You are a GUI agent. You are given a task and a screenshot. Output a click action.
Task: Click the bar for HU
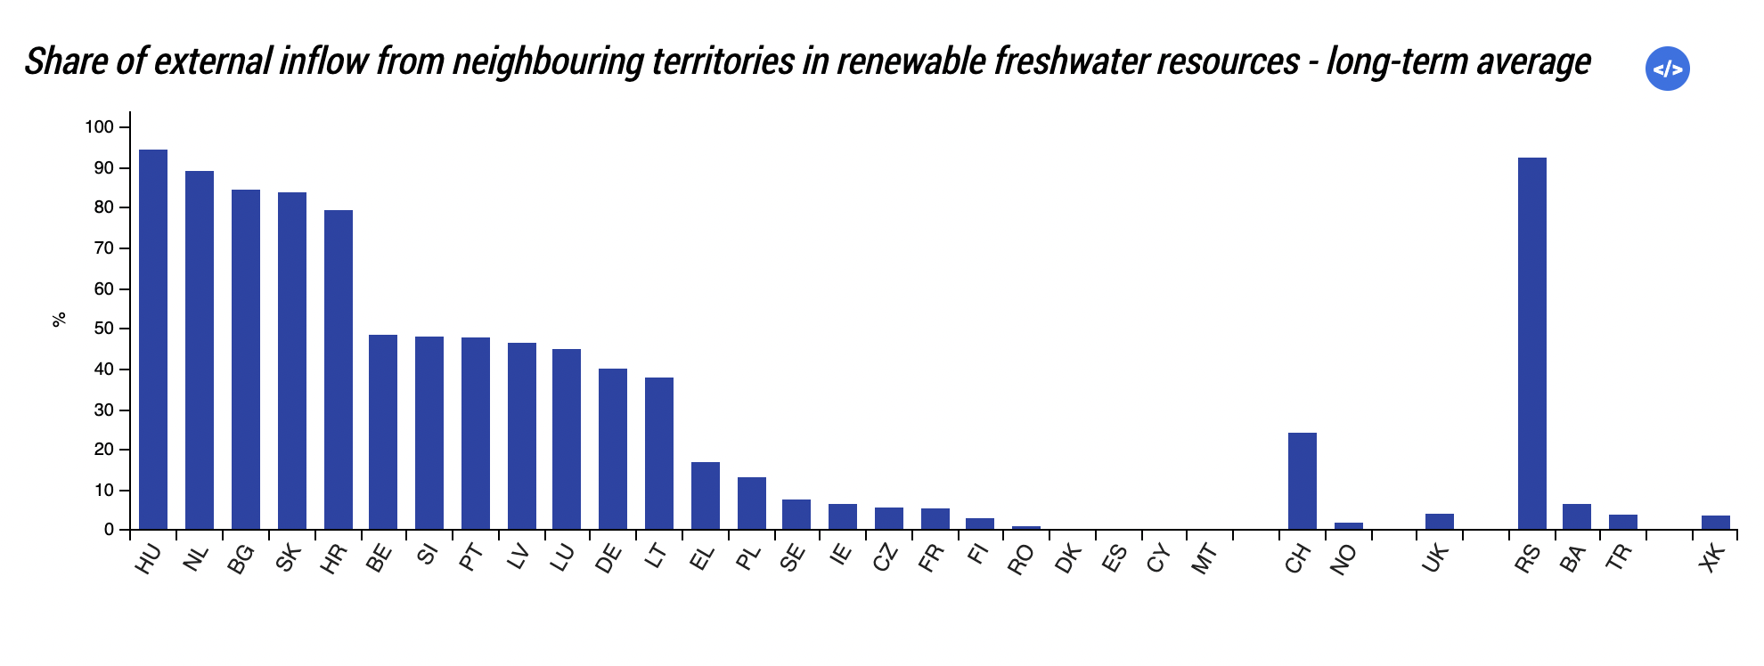(153, 339)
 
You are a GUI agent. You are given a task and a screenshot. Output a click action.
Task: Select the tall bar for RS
(1531, 344)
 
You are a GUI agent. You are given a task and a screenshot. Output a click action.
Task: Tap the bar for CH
(1302, 481)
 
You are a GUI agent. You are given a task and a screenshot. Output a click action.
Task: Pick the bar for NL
(200, 350)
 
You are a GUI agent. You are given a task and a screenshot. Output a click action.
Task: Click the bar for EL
(705, 495)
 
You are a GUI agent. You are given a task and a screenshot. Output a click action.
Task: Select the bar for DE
(613, 449)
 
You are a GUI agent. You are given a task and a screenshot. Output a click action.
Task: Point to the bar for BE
(383, 432)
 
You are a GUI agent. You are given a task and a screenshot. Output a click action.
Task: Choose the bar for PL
(751, 503)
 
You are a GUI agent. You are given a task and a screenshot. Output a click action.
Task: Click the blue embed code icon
(1667, 69)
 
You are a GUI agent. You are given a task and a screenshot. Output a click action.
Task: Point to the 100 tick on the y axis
(100, 127)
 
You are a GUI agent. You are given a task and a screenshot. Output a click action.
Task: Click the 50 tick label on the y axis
(104, 329)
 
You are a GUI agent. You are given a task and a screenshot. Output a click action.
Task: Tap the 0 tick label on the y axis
(109, 530)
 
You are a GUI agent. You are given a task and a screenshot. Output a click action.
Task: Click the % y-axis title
(60, 319)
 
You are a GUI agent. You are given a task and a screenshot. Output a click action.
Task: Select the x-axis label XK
(1712, 559)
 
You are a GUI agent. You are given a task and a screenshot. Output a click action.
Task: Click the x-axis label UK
(1435, 559)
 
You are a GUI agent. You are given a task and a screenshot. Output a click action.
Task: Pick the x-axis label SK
(288, 559)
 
